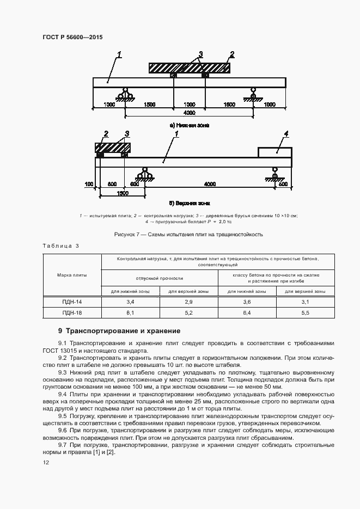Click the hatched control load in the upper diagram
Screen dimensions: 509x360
coord(189,68)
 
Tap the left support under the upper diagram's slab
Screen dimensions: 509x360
coord(126,95)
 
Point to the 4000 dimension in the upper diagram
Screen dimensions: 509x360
coord(189,113)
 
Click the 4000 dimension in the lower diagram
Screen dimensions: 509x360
coord(209,184)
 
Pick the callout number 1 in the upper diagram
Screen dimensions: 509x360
coord(119,54)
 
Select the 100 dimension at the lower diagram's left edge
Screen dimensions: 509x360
coord(89,184)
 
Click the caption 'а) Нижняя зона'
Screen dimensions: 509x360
coord(189,125)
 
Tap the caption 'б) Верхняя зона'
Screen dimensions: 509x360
coord(189,203)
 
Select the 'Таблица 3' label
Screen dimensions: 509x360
coord(60,246)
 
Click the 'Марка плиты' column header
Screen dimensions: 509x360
coord(72,275)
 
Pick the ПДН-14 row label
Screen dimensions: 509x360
coord(72,302)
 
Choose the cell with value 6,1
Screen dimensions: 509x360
coord(130,313)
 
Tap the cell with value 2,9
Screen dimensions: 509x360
coord(188,302)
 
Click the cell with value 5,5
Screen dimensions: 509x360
coord(304,313)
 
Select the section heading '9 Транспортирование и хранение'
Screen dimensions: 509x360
coord(119,331)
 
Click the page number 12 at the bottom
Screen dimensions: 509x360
coord(46,462)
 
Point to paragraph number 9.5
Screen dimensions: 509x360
coord(62,415)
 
